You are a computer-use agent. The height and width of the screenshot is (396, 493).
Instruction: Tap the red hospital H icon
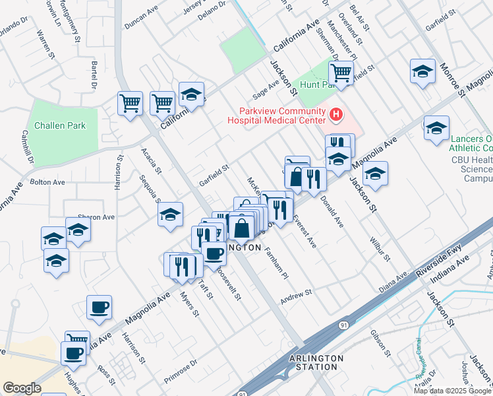click(x=336, y=115)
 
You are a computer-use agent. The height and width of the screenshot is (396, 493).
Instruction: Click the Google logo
click(x=22, y=388)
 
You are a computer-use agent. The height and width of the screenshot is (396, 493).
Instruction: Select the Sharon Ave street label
click(x=96, y=216)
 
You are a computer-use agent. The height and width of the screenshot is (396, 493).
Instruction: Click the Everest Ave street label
click(x=305, y=232)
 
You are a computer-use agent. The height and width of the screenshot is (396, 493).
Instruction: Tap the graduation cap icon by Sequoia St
click(x=170, y=214)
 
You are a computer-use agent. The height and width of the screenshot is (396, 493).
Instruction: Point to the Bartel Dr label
click(x=94, y=73)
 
